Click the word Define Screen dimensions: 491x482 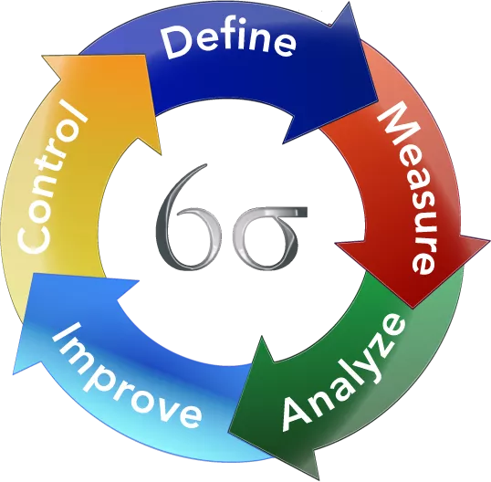pyautogui.click(x=228, y=42)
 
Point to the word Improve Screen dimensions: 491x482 pyautogui.click(x=126, y=377)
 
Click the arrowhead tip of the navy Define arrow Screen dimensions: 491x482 pyautogui.click(x=377, y=100)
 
